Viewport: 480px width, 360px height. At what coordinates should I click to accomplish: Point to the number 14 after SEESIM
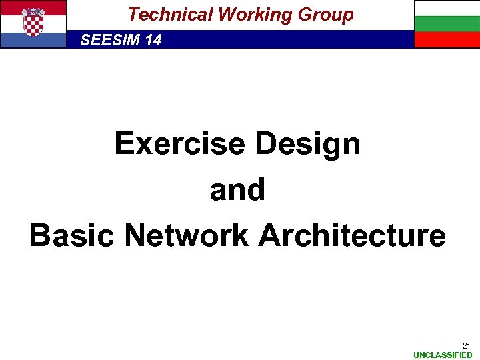[153, 40]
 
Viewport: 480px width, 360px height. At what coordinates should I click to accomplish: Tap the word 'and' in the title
[237, 190]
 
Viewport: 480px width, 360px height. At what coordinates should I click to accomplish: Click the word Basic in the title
[72, 235]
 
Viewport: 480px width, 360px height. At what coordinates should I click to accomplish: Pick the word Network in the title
[187, 235]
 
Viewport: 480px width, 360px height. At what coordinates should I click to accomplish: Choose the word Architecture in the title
[352, 235]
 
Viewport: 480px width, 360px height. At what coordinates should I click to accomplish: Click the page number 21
[466, 345]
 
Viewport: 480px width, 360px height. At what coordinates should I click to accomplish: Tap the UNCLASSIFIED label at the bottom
[443, 355]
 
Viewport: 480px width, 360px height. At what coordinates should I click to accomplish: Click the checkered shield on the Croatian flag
[33, 23]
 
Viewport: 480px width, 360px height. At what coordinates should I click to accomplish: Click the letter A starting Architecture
[269, 235]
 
